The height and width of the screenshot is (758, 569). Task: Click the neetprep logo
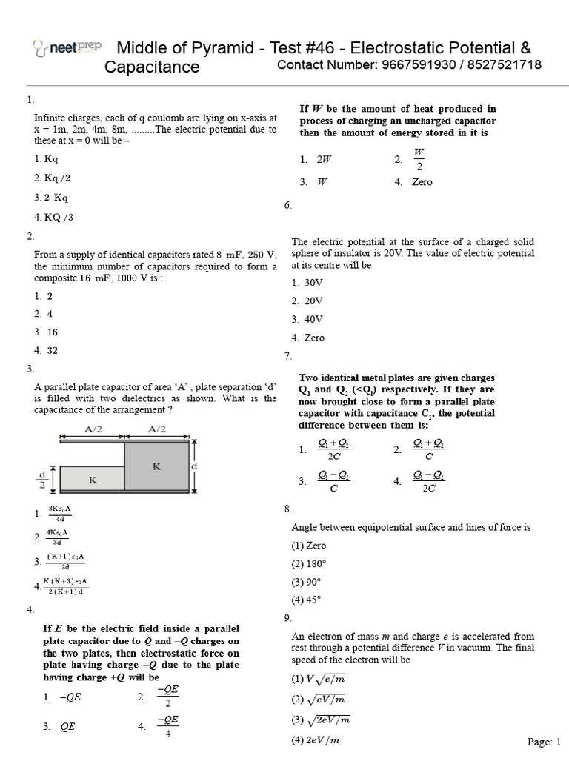(67, 49)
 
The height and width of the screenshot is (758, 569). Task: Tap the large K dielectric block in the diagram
(156, 466)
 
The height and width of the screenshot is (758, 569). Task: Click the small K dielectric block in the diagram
(92, 480)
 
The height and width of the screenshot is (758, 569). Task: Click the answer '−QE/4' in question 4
(167, 726)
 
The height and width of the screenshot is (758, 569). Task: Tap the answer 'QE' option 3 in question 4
(67, 727)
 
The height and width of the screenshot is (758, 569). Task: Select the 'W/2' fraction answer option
(419, 158)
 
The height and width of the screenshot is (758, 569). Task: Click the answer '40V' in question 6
(313, 319)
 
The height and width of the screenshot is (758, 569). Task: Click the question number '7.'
(288, 356)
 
